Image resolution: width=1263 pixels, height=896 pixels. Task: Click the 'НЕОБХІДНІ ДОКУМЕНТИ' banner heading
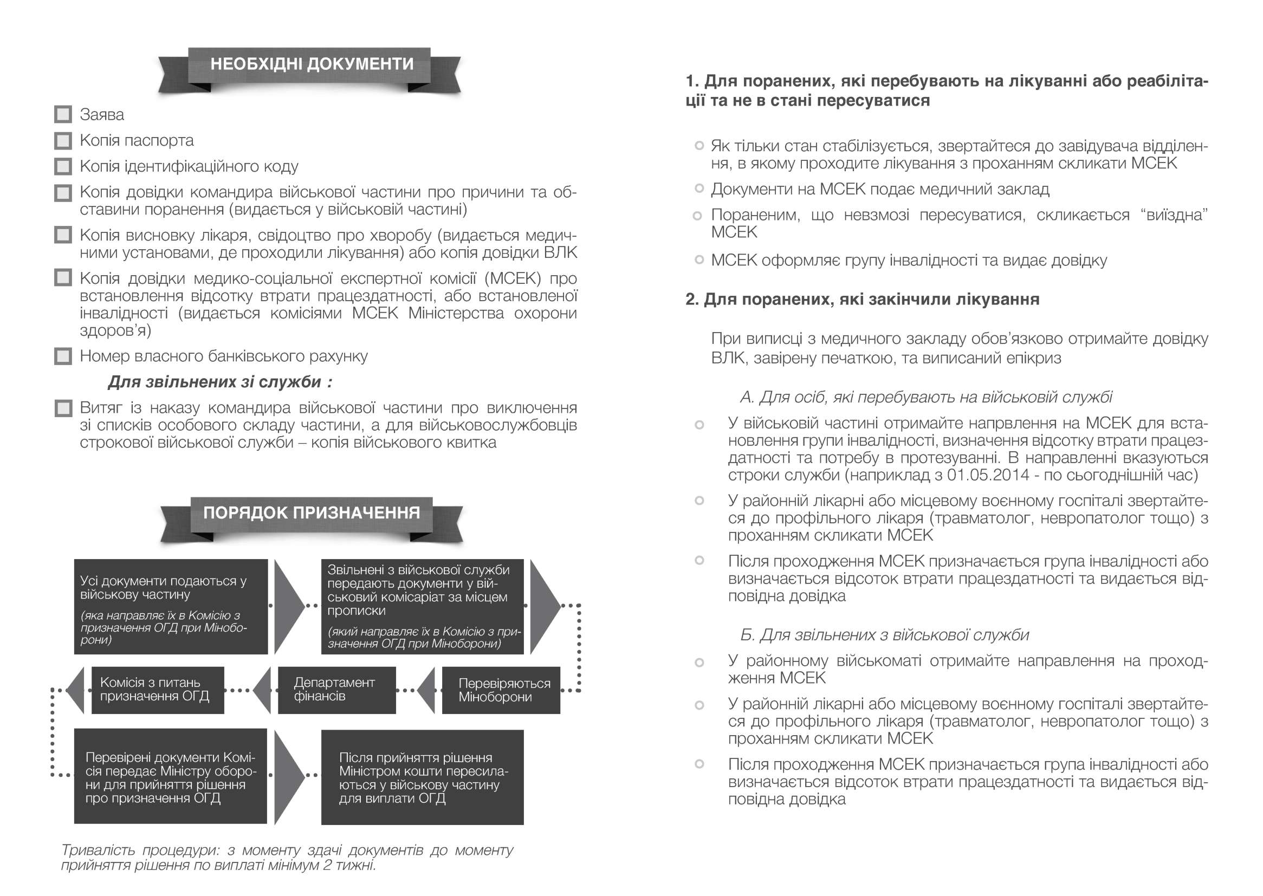(x=311, y=64)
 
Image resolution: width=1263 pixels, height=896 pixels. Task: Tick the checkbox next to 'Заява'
(x=63, y=115)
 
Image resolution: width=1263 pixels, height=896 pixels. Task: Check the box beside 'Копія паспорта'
(x=63, y=141)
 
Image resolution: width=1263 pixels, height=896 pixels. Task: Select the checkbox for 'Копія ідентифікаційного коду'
(x=63, y=166)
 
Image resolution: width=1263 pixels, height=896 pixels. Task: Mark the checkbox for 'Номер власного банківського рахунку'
(x=63, y=356)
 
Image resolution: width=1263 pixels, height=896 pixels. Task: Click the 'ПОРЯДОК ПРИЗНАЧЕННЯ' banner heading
(x=311, y=513)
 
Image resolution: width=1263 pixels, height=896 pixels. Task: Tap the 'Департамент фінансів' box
(x=336, y=690)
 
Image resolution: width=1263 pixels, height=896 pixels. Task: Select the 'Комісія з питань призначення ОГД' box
(x=157, y=690)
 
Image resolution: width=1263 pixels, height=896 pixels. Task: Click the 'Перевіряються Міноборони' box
(x=501, y=690)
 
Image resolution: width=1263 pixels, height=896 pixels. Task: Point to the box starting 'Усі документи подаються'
(x=171, y=607)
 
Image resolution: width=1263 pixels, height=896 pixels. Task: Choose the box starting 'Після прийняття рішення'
(x=422, y=777)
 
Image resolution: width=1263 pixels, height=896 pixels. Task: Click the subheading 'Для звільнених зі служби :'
(x=219, y=382)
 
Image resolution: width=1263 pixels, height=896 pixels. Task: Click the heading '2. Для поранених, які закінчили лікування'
(x=862, y=300)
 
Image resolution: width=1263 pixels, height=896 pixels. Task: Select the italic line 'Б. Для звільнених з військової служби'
(x=884, y=635)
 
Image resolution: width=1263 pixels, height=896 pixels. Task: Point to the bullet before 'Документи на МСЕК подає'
(x=699, y=189)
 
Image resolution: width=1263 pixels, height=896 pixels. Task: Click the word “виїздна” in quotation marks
(x=1174, y=215)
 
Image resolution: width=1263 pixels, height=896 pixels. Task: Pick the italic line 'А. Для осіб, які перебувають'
(x=926, y=397)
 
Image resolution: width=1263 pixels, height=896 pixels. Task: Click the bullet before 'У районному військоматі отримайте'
(x=699, y=662)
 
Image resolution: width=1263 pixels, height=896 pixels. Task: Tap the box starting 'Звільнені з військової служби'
(x=422, y=607)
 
